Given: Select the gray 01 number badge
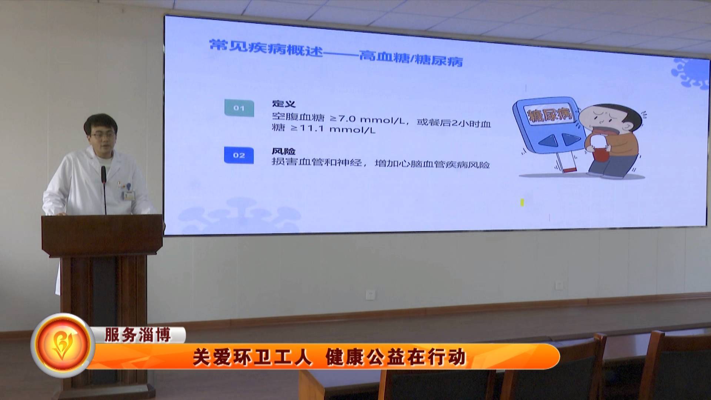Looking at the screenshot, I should coord(239,108).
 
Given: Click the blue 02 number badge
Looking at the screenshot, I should coord(239,155).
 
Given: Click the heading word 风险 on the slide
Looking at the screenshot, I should coord(284,151).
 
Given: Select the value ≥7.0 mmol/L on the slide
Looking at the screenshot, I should coord(366,119).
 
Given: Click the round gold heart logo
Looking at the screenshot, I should coord(63,345).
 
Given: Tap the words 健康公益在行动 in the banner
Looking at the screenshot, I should coord(395,358).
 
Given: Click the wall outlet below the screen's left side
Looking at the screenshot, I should coord(370,295).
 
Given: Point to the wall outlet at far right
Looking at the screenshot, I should coord(560,285).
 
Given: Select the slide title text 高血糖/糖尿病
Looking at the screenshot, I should coord(411,59).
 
